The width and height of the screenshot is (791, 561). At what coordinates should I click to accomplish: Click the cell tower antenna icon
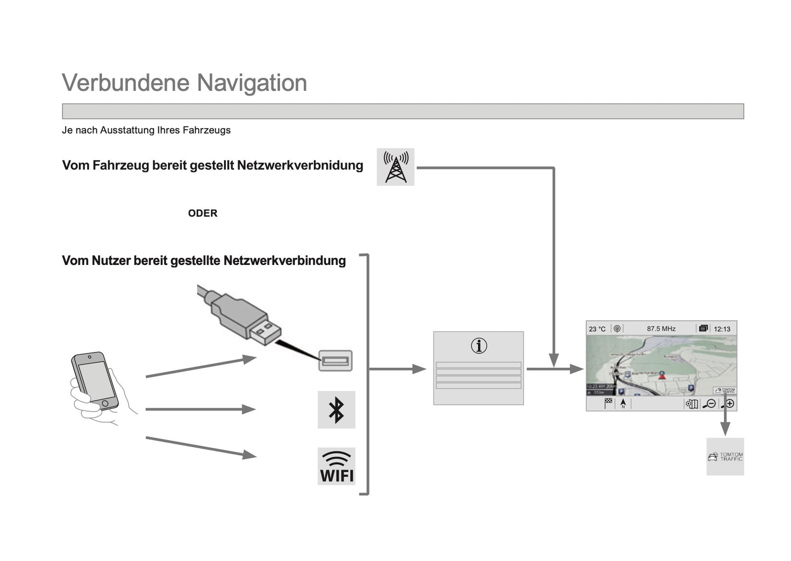[395, 167]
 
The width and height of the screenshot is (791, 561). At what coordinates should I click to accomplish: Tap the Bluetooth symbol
[336, 409]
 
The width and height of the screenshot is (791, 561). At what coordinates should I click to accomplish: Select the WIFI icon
[336, 466]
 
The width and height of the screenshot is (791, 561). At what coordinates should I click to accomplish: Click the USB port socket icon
[335, 361]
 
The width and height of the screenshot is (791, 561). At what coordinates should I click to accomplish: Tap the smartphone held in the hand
[94, 380]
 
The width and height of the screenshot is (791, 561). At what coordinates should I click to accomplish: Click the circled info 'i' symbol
[478, 346]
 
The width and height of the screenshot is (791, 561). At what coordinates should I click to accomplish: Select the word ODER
[203, 213]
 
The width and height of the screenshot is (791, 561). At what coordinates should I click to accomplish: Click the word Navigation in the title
[252, 83]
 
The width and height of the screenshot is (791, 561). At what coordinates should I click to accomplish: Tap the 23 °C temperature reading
[597, 329]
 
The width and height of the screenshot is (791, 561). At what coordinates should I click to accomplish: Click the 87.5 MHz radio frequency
[661, 329]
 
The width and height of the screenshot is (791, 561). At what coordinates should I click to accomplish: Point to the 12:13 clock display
[722, 329]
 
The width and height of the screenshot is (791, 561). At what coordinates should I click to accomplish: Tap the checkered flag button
[608, 403]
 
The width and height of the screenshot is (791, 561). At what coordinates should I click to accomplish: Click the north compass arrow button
[623, 403]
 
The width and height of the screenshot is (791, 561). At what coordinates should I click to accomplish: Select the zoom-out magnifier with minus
[709, 404]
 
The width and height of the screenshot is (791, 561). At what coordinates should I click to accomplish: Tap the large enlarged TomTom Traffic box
[725, 456]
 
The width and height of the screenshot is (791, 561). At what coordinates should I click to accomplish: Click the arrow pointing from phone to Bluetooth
[200, 409]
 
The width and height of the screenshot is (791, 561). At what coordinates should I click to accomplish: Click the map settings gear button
[691, 404]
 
